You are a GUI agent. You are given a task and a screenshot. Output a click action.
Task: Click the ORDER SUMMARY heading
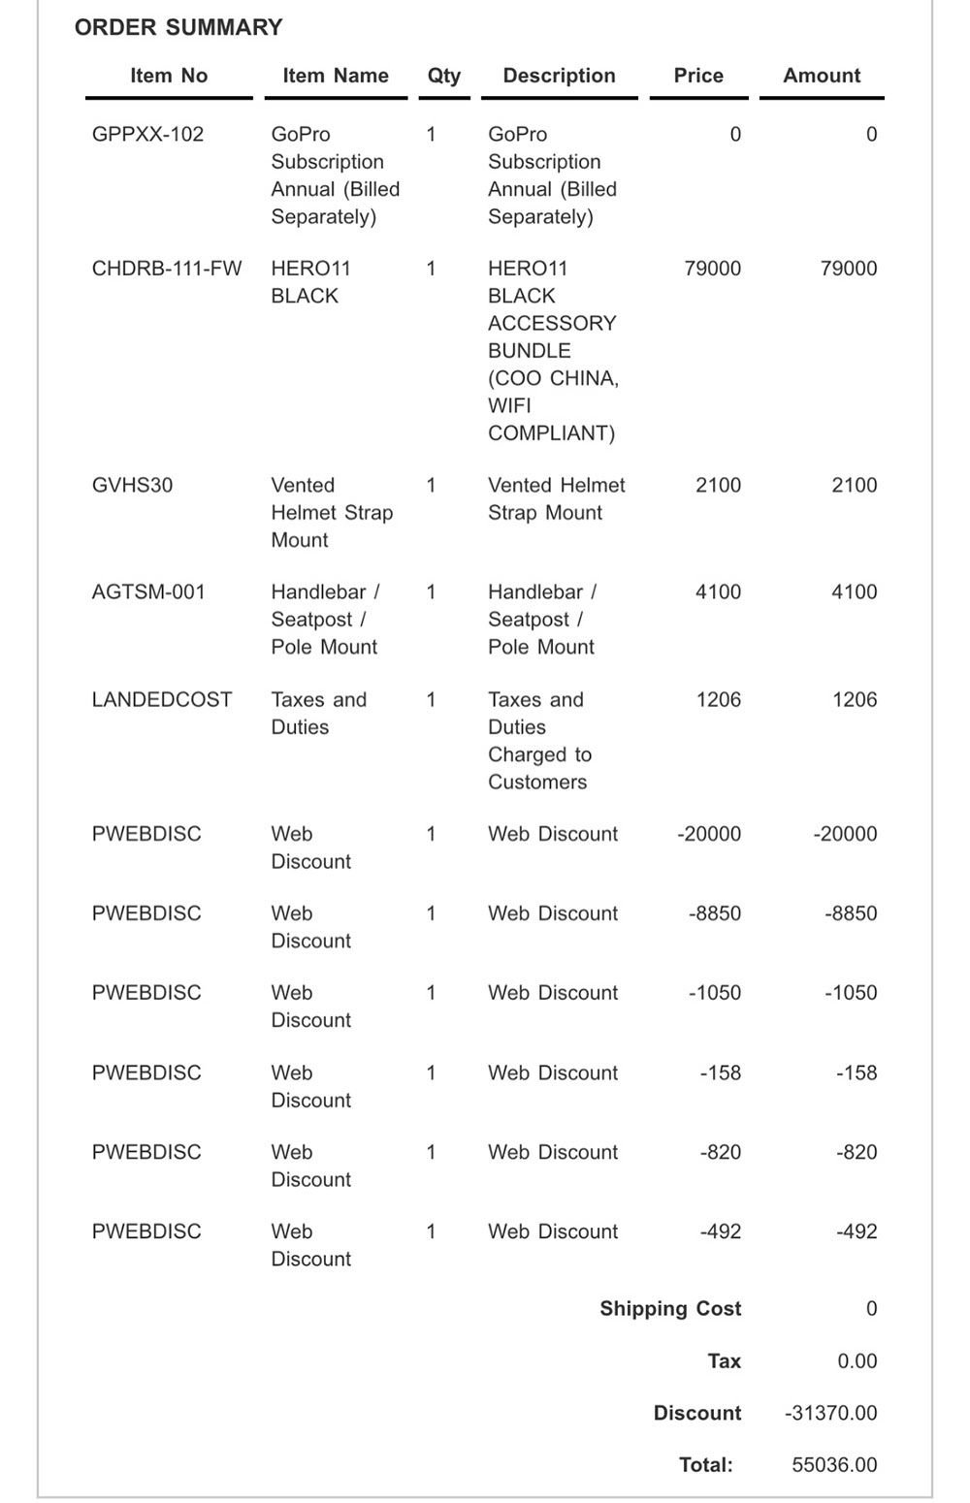click(178, 27)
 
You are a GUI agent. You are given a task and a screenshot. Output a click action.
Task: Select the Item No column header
click(169, 76)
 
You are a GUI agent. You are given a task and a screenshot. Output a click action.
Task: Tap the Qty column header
click(444, 76)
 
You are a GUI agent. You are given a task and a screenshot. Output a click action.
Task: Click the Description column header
click(559, 76)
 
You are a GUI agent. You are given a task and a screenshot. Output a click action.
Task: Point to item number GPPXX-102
click(147, 135)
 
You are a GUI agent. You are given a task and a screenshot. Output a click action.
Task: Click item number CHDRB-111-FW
click(167, 269)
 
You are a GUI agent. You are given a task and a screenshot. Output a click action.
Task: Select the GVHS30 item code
click(132, 485)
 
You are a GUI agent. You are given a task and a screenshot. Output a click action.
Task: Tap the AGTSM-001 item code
click(148, 592)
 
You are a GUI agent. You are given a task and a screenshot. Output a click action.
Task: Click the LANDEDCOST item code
click(162, 700)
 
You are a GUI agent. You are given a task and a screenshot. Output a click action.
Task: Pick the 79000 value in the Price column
click(712, 269)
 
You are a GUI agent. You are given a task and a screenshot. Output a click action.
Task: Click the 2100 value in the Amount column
click(854, 485)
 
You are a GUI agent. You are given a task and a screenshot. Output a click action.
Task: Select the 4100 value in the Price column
click(718, 592)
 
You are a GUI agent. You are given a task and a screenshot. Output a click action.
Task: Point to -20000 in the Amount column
click(844, 834)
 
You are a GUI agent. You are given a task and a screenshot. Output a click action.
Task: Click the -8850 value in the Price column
click(714, 913)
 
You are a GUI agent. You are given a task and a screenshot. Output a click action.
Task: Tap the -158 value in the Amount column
click(856, 1072)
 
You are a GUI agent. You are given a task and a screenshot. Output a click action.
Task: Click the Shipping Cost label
click(670, 1309)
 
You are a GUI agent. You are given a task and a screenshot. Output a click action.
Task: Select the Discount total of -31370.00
click(830, 1413)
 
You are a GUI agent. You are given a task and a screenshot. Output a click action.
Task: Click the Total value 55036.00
click(834, 1465)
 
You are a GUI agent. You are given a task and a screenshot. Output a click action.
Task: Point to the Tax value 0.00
click(857, 1361)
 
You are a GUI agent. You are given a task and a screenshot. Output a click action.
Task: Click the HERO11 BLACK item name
click(310, 282)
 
